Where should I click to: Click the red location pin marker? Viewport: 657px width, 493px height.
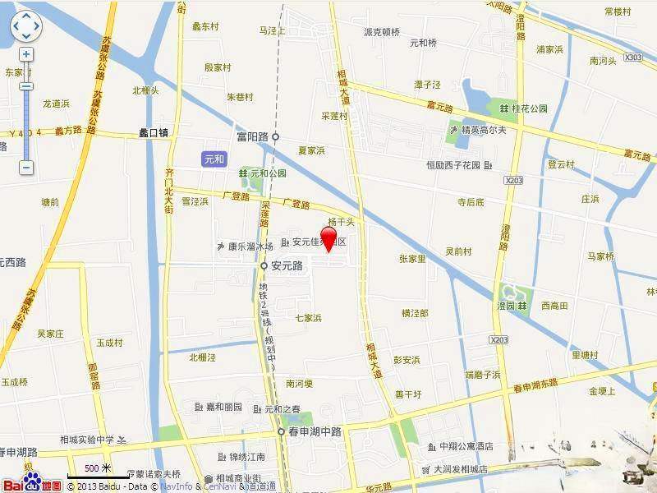tap(328, 239)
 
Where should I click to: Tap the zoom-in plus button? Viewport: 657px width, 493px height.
tap(26, 54)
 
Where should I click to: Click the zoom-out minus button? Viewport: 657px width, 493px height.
tap(26, 168)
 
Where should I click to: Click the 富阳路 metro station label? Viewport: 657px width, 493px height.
tap(252, 137)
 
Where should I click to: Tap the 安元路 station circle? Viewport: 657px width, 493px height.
tap(264, 266)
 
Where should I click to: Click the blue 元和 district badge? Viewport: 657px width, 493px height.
tap(213, 158)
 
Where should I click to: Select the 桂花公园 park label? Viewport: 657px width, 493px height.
tap(529, 108)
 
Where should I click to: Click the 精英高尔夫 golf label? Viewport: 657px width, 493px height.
tap(483, 129)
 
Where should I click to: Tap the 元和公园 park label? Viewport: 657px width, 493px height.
tap(268, 173)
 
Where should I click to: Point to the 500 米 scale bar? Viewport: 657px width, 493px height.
tap(95, 472)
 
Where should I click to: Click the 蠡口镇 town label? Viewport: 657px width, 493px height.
tap(154, 131)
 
